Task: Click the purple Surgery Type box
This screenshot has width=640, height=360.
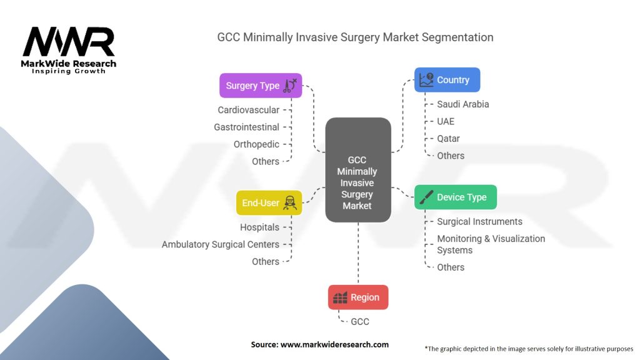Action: click(x=261, y=86)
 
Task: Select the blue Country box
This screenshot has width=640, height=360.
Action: click(x=447, y=80)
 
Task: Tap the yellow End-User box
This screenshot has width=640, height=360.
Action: click(x=268, y=203)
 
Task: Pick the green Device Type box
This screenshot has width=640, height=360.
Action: click(x=455, y=197)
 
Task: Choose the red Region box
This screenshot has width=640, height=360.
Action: click(x=358, y=297)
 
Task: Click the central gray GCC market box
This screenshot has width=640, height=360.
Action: click(x=358, y=170)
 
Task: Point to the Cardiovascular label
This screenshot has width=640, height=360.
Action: click(x=248, y=110)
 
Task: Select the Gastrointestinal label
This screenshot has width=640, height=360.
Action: click(x=246, y=127)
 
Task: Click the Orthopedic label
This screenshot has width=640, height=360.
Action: click(x=256, y=144)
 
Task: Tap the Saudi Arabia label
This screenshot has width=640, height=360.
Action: click(x=462, y=104)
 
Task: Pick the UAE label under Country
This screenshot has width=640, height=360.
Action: click(x=446, y=121)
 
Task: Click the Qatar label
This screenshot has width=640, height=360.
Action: click(x=448, y=138)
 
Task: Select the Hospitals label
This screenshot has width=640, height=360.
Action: click(x=259, y=227)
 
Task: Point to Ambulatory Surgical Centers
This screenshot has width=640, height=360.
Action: click(x=220, y=244)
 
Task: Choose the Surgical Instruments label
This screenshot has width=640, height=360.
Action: click(x=479, y=221)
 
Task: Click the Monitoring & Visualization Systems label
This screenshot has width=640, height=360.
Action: click(x=491, y=244)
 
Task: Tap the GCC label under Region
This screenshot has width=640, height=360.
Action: click(x=359, y=321)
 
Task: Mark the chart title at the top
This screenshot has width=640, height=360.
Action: click(x=355, y=37)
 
